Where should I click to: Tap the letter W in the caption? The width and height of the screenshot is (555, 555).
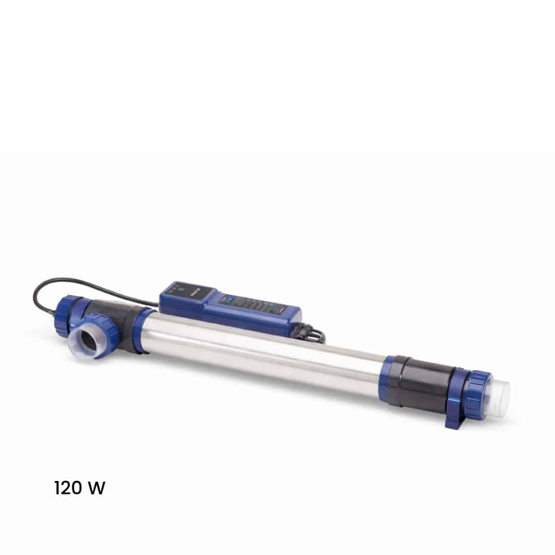[x=96, y=488]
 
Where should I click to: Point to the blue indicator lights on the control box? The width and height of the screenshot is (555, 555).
[x=228, y=299]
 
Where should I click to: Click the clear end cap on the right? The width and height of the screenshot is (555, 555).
[x=498, y=398]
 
